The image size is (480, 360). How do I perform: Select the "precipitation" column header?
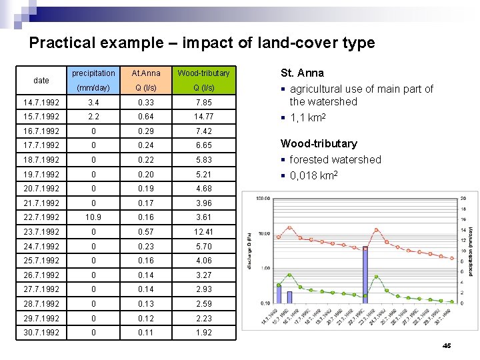click(x=93, y=73)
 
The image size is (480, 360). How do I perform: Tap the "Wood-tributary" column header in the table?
click(x=203, y=73)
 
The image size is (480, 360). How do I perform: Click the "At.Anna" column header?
click(x=146, y=73)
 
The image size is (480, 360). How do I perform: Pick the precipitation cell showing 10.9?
click(x=93, y=217)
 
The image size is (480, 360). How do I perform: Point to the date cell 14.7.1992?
click(x=41, y=103)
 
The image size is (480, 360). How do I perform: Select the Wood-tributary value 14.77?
click(x=203, y=117)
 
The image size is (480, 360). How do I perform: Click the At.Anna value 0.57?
click(x=146, y=232)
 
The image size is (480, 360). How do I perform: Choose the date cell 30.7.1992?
click(x=41, y=333)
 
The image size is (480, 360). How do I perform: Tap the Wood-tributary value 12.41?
click(x=203, y=232)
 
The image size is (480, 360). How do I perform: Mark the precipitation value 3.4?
click(x=93, y=103)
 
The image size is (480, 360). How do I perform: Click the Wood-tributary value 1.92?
click(x=203, y=333)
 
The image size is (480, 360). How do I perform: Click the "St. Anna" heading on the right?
click(x=302, y=73)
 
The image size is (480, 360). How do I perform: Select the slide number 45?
click(x=447, y=345)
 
